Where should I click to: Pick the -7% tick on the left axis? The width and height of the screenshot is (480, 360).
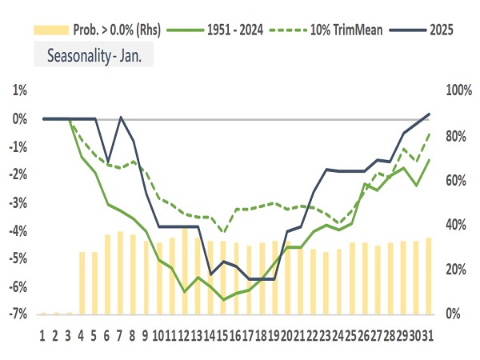pos(18,314)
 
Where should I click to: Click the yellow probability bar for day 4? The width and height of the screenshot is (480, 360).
pos(82,282)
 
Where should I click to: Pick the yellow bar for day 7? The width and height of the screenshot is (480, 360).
pos(120,273)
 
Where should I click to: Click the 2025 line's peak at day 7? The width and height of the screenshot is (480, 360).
pos(121,118)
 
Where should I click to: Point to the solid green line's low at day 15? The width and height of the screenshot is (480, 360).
pos(224,299)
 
